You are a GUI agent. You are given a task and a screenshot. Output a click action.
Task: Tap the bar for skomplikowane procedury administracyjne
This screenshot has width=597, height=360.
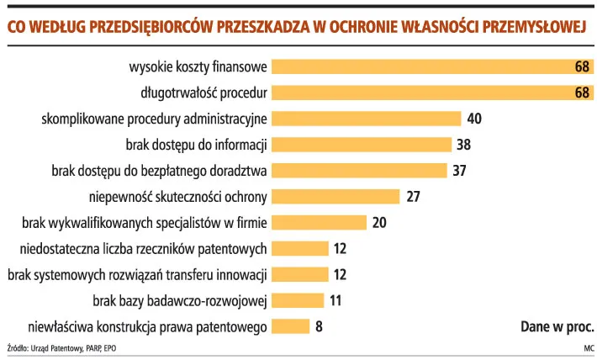tap(367, 119)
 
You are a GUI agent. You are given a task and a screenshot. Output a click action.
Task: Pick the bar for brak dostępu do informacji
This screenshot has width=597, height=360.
tap(362, 145)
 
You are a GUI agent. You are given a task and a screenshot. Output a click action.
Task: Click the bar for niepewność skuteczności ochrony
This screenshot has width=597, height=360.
tap(335, 197)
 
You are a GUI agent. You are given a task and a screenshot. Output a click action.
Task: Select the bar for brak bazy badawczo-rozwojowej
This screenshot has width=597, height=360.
tap(298, 300)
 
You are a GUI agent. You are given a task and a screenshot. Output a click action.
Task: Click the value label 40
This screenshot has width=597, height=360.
tap(474, 119)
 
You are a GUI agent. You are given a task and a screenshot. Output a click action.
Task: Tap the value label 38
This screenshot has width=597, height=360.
tap(464, 145)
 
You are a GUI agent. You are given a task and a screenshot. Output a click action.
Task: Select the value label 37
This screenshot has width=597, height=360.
tap(459, 171)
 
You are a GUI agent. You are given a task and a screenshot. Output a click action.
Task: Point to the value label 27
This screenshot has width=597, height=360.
tap(413, 197)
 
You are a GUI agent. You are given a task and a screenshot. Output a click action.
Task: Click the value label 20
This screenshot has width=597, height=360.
tap(379, 223)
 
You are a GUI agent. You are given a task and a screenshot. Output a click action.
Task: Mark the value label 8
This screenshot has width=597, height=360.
tap(319, 326)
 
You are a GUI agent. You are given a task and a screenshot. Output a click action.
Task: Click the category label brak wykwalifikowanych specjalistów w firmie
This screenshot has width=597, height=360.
tap(145, 223)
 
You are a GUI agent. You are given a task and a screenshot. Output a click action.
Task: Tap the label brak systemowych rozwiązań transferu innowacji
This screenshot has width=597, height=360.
tap(137, 274)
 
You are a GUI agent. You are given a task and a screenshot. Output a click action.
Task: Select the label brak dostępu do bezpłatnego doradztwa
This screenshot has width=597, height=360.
tap(160, 171)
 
